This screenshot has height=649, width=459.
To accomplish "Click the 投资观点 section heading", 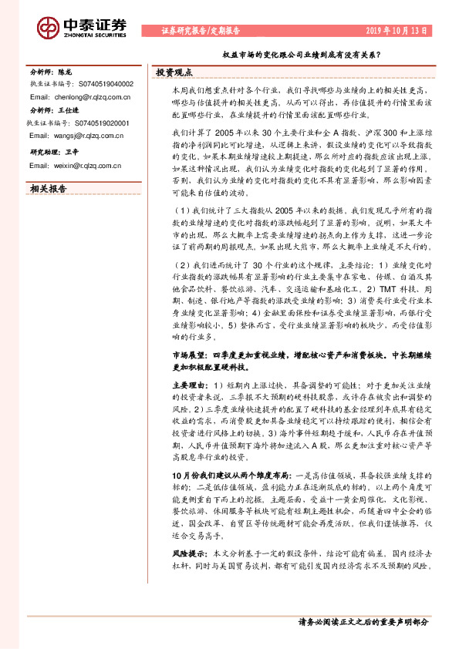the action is point(174,72).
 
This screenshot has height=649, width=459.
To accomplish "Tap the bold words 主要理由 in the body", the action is point(186,384).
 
